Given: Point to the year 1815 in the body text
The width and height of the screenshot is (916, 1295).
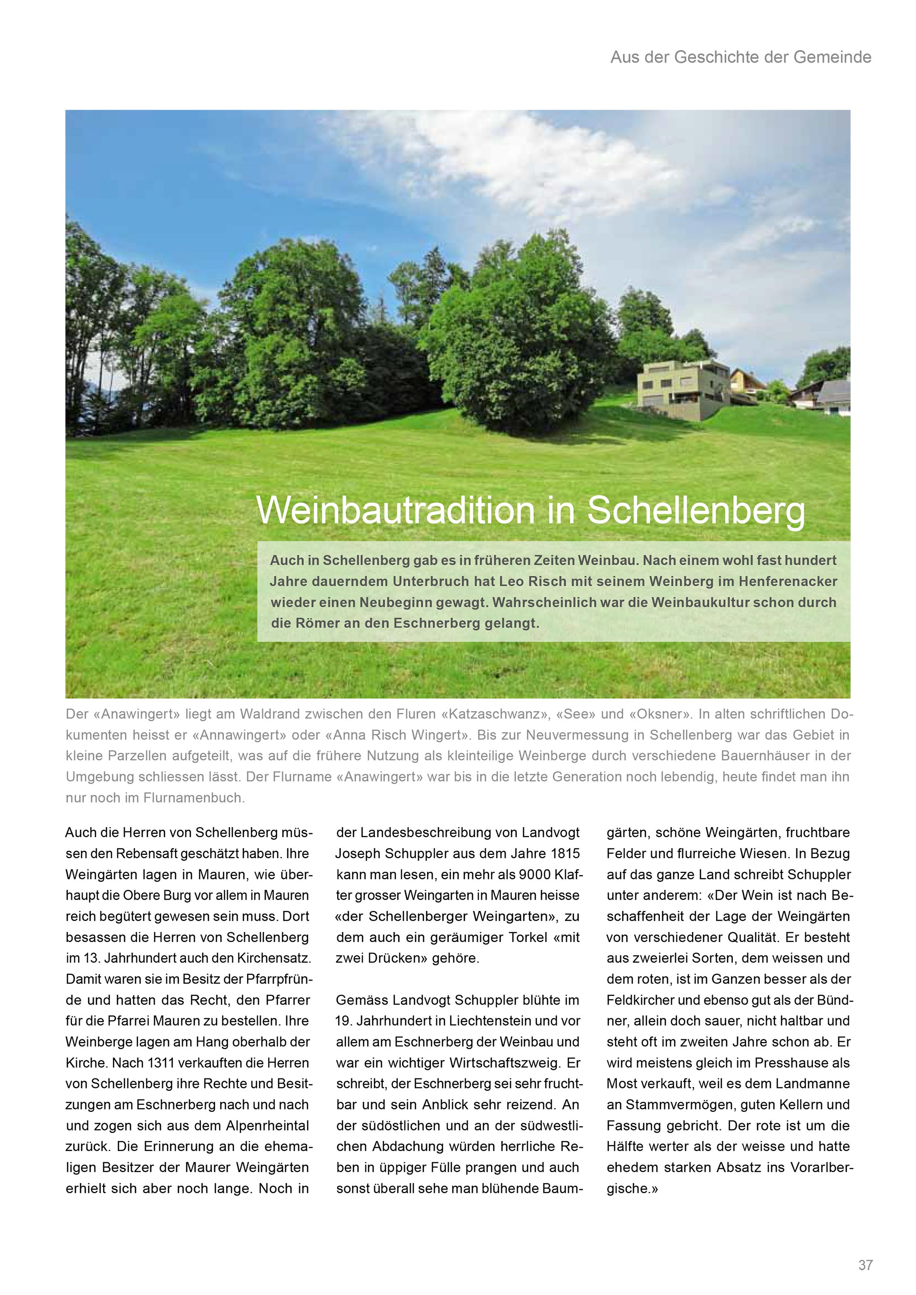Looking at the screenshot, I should click(564, 853).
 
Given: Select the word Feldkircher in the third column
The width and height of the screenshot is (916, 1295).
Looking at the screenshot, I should click(640, 1000).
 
